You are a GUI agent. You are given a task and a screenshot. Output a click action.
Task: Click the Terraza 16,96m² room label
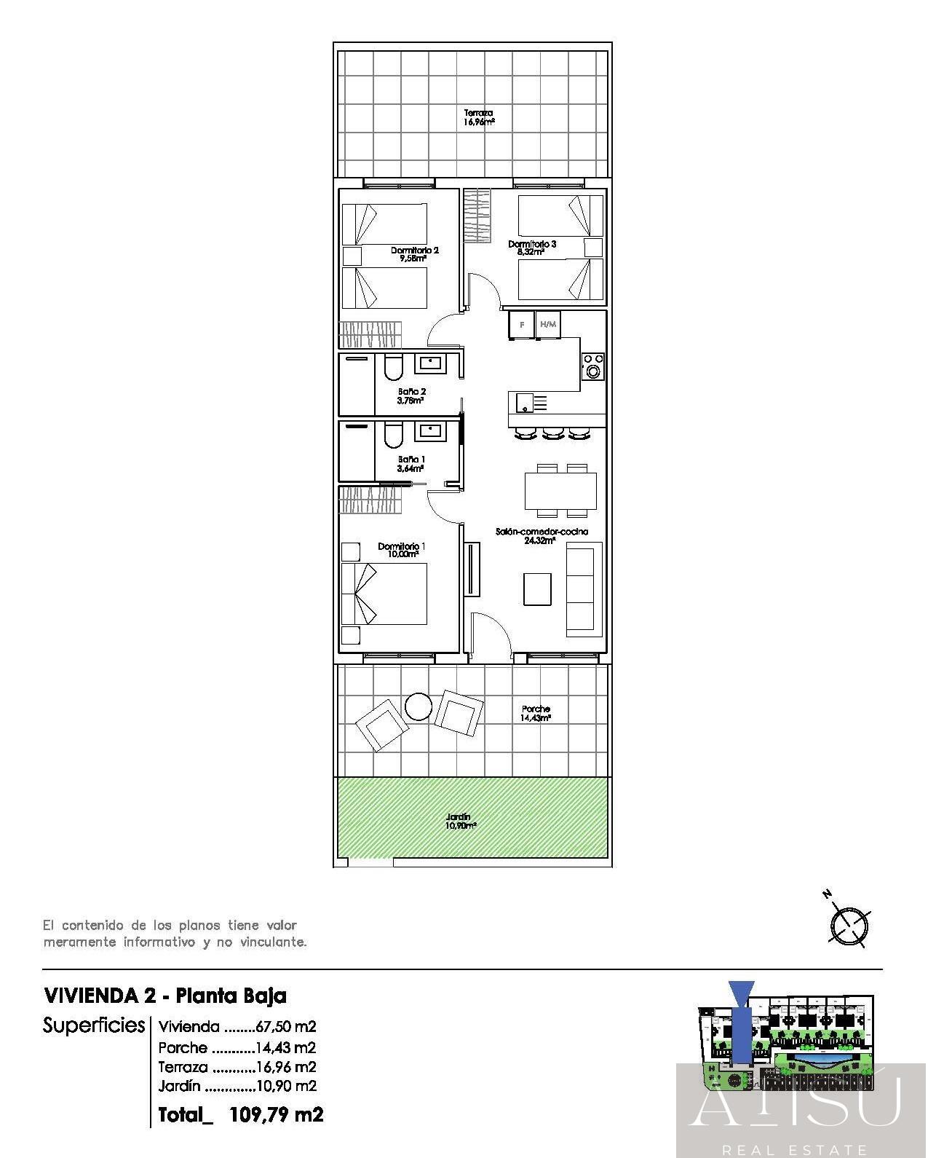point(479,117)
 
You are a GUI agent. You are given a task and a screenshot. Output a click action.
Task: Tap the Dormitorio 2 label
point(414,253)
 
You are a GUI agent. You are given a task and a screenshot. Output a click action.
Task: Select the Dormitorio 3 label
point(531,248)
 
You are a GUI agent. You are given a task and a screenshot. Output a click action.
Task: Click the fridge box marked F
point(521,325)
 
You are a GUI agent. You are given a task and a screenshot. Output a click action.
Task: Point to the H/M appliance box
point(548,325)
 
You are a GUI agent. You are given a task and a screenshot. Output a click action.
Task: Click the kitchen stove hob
point(592,366)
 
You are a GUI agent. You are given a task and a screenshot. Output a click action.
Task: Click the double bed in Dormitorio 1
point(390,594)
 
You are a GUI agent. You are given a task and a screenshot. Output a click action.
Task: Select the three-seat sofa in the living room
point(584,589)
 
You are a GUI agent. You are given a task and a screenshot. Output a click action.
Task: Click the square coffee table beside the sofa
point(537,588)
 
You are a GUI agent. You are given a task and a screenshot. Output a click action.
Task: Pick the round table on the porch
point(419,706)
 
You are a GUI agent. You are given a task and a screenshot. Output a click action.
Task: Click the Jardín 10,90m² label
point(461,822)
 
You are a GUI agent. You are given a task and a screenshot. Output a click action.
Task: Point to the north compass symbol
point(849,925)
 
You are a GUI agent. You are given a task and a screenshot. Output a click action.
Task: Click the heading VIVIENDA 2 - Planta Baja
point(165,995)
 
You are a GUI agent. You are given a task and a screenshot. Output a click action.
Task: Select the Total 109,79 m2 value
point(275,1114)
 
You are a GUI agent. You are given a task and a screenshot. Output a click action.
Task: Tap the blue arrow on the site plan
point(741,1020)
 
